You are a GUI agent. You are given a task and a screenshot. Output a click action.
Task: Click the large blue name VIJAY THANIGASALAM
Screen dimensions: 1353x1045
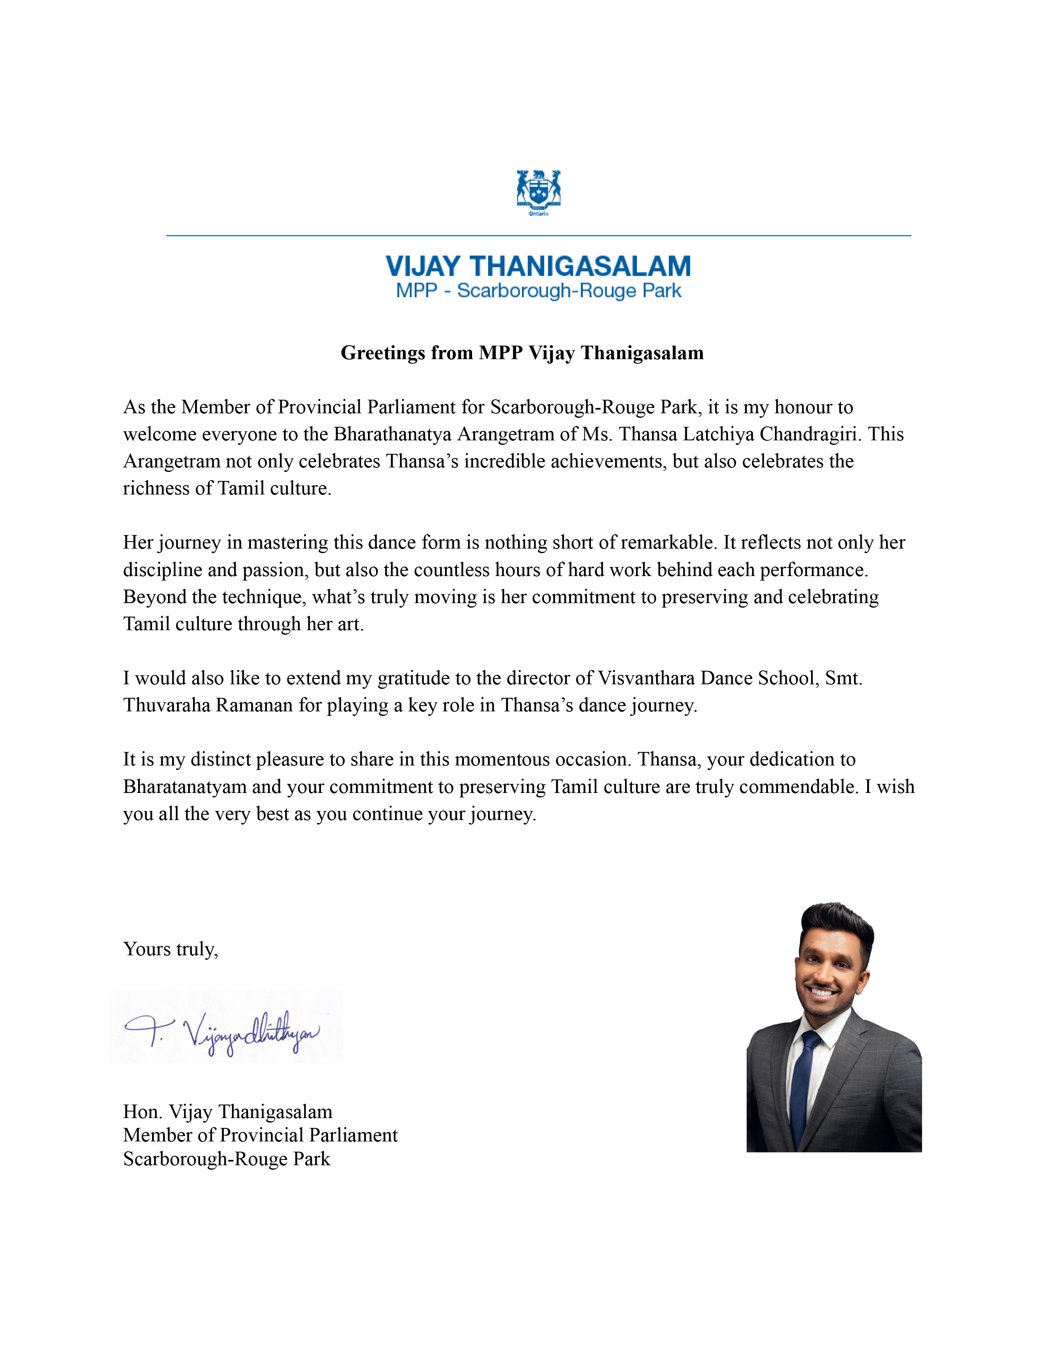click(538, 266)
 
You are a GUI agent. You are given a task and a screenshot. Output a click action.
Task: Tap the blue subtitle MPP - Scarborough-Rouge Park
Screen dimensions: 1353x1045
click(538, 291)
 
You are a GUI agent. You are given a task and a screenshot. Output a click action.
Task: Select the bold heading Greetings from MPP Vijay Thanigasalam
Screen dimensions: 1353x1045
click(522, 353)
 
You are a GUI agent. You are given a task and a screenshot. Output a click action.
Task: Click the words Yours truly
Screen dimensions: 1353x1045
click(170, 949)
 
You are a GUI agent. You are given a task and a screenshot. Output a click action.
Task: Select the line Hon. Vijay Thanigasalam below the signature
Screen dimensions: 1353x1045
click(228, 1112)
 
